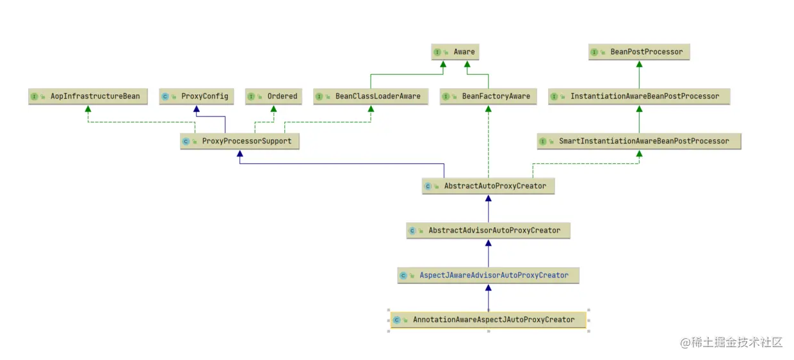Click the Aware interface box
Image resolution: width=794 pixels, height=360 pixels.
click(455, 52)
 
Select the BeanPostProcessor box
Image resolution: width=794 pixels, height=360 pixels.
click(639, 52)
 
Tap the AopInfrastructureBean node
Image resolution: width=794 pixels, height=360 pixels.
click(88, 96)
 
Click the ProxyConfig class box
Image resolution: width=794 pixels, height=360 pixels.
click(196, 96)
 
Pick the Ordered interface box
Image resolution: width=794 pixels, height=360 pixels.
click(273, 96)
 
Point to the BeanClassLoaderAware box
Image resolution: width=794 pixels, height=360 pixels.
click(370, 96)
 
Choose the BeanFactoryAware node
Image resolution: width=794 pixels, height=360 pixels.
click(489, 96)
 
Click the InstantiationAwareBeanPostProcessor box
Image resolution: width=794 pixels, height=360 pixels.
click(638, 96)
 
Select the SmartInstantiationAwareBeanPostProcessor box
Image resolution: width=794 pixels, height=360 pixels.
click(638, 141)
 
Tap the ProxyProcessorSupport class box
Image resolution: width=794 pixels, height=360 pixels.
click(239, 141)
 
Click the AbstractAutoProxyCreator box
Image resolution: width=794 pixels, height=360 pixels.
click(488, 186)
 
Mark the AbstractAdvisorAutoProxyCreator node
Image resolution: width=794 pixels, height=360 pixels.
click(488, 230)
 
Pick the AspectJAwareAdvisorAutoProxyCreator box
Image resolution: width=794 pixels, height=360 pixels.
click(488, 275)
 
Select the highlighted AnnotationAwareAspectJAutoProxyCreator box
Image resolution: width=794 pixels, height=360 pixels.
click(488, 320)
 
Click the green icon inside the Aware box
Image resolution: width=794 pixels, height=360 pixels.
click(437, 53)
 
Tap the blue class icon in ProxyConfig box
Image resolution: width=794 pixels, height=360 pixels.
click(165, 97)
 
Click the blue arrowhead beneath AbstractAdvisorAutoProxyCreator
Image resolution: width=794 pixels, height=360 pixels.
click(488, 243)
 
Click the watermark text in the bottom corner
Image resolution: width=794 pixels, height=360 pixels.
click(731, 342)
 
